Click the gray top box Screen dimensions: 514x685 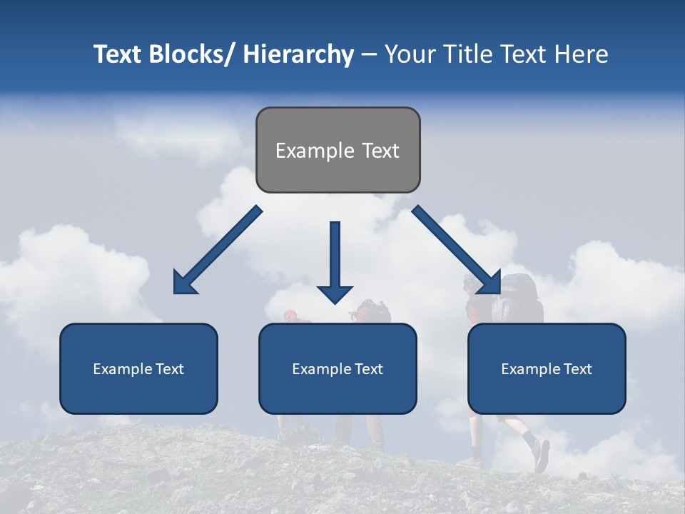click(x=338, y=150)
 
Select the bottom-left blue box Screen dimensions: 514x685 click(x=138, y=368)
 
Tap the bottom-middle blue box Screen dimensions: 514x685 click(x=338, y=368)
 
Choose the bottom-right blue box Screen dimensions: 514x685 click(x=547, y=368)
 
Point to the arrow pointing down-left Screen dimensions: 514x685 click(x=218, y=250)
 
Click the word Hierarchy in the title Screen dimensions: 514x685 click(x=298, y=54)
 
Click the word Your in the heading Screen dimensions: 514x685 click(x=408, y=54)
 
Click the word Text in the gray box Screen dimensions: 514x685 click(x=380, y=151)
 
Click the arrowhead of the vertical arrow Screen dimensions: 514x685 click(x=335, y=293)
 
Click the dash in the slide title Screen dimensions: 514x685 click(x=369, y=54)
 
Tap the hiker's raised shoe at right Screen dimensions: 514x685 click(x=542, y=455)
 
